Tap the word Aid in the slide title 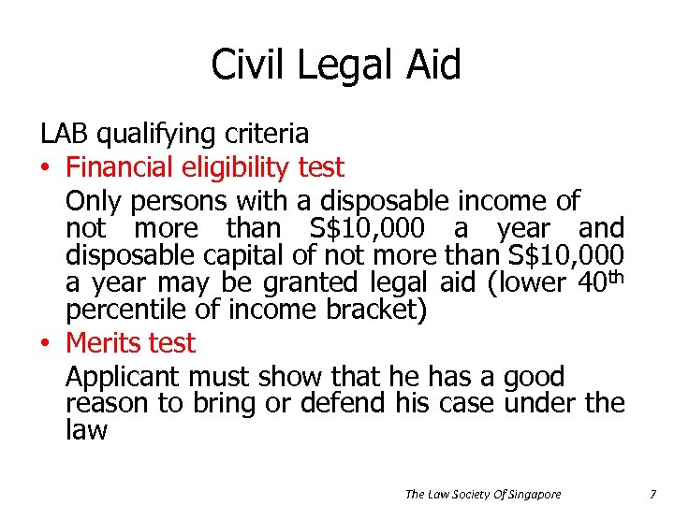(432, 66)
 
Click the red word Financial (120, 167)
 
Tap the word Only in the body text (95, 201)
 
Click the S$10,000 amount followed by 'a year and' (367, 228)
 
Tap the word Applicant (124, 377)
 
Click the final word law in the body (86, 431)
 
